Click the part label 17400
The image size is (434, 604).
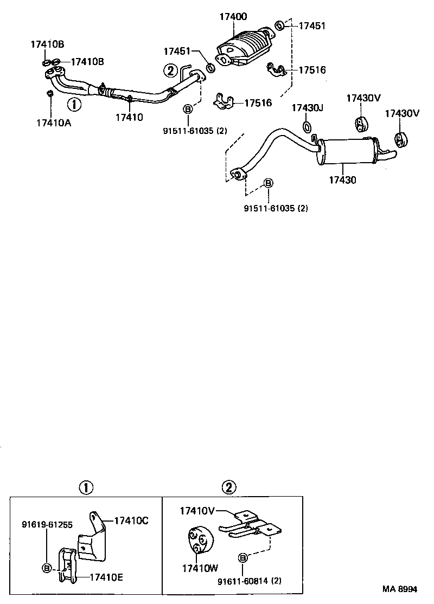(x=234, y=17)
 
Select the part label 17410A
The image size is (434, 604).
(x=54, y=123)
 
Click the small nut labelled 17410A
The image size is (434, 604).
(x=49, y=94)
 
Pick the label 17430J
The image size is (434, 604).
(x=307, y=108)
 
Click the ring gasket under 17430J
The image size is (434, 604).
(x=307, y=128)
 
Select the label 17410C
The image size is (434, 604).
(x=131, y=521)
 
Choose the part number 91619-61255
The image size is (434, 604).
(x=47, y=525)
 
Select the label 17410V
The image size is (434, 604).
(x=198, y=510)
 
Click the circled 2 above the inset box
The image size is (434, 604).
(x=229, y=487)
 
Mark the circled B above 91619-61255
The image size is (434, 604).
(x=47, y=568)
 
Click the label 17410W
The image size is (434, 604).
(x=200, y=569)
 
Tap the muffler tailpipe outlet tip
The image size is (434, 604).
(x=392, y=156)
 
